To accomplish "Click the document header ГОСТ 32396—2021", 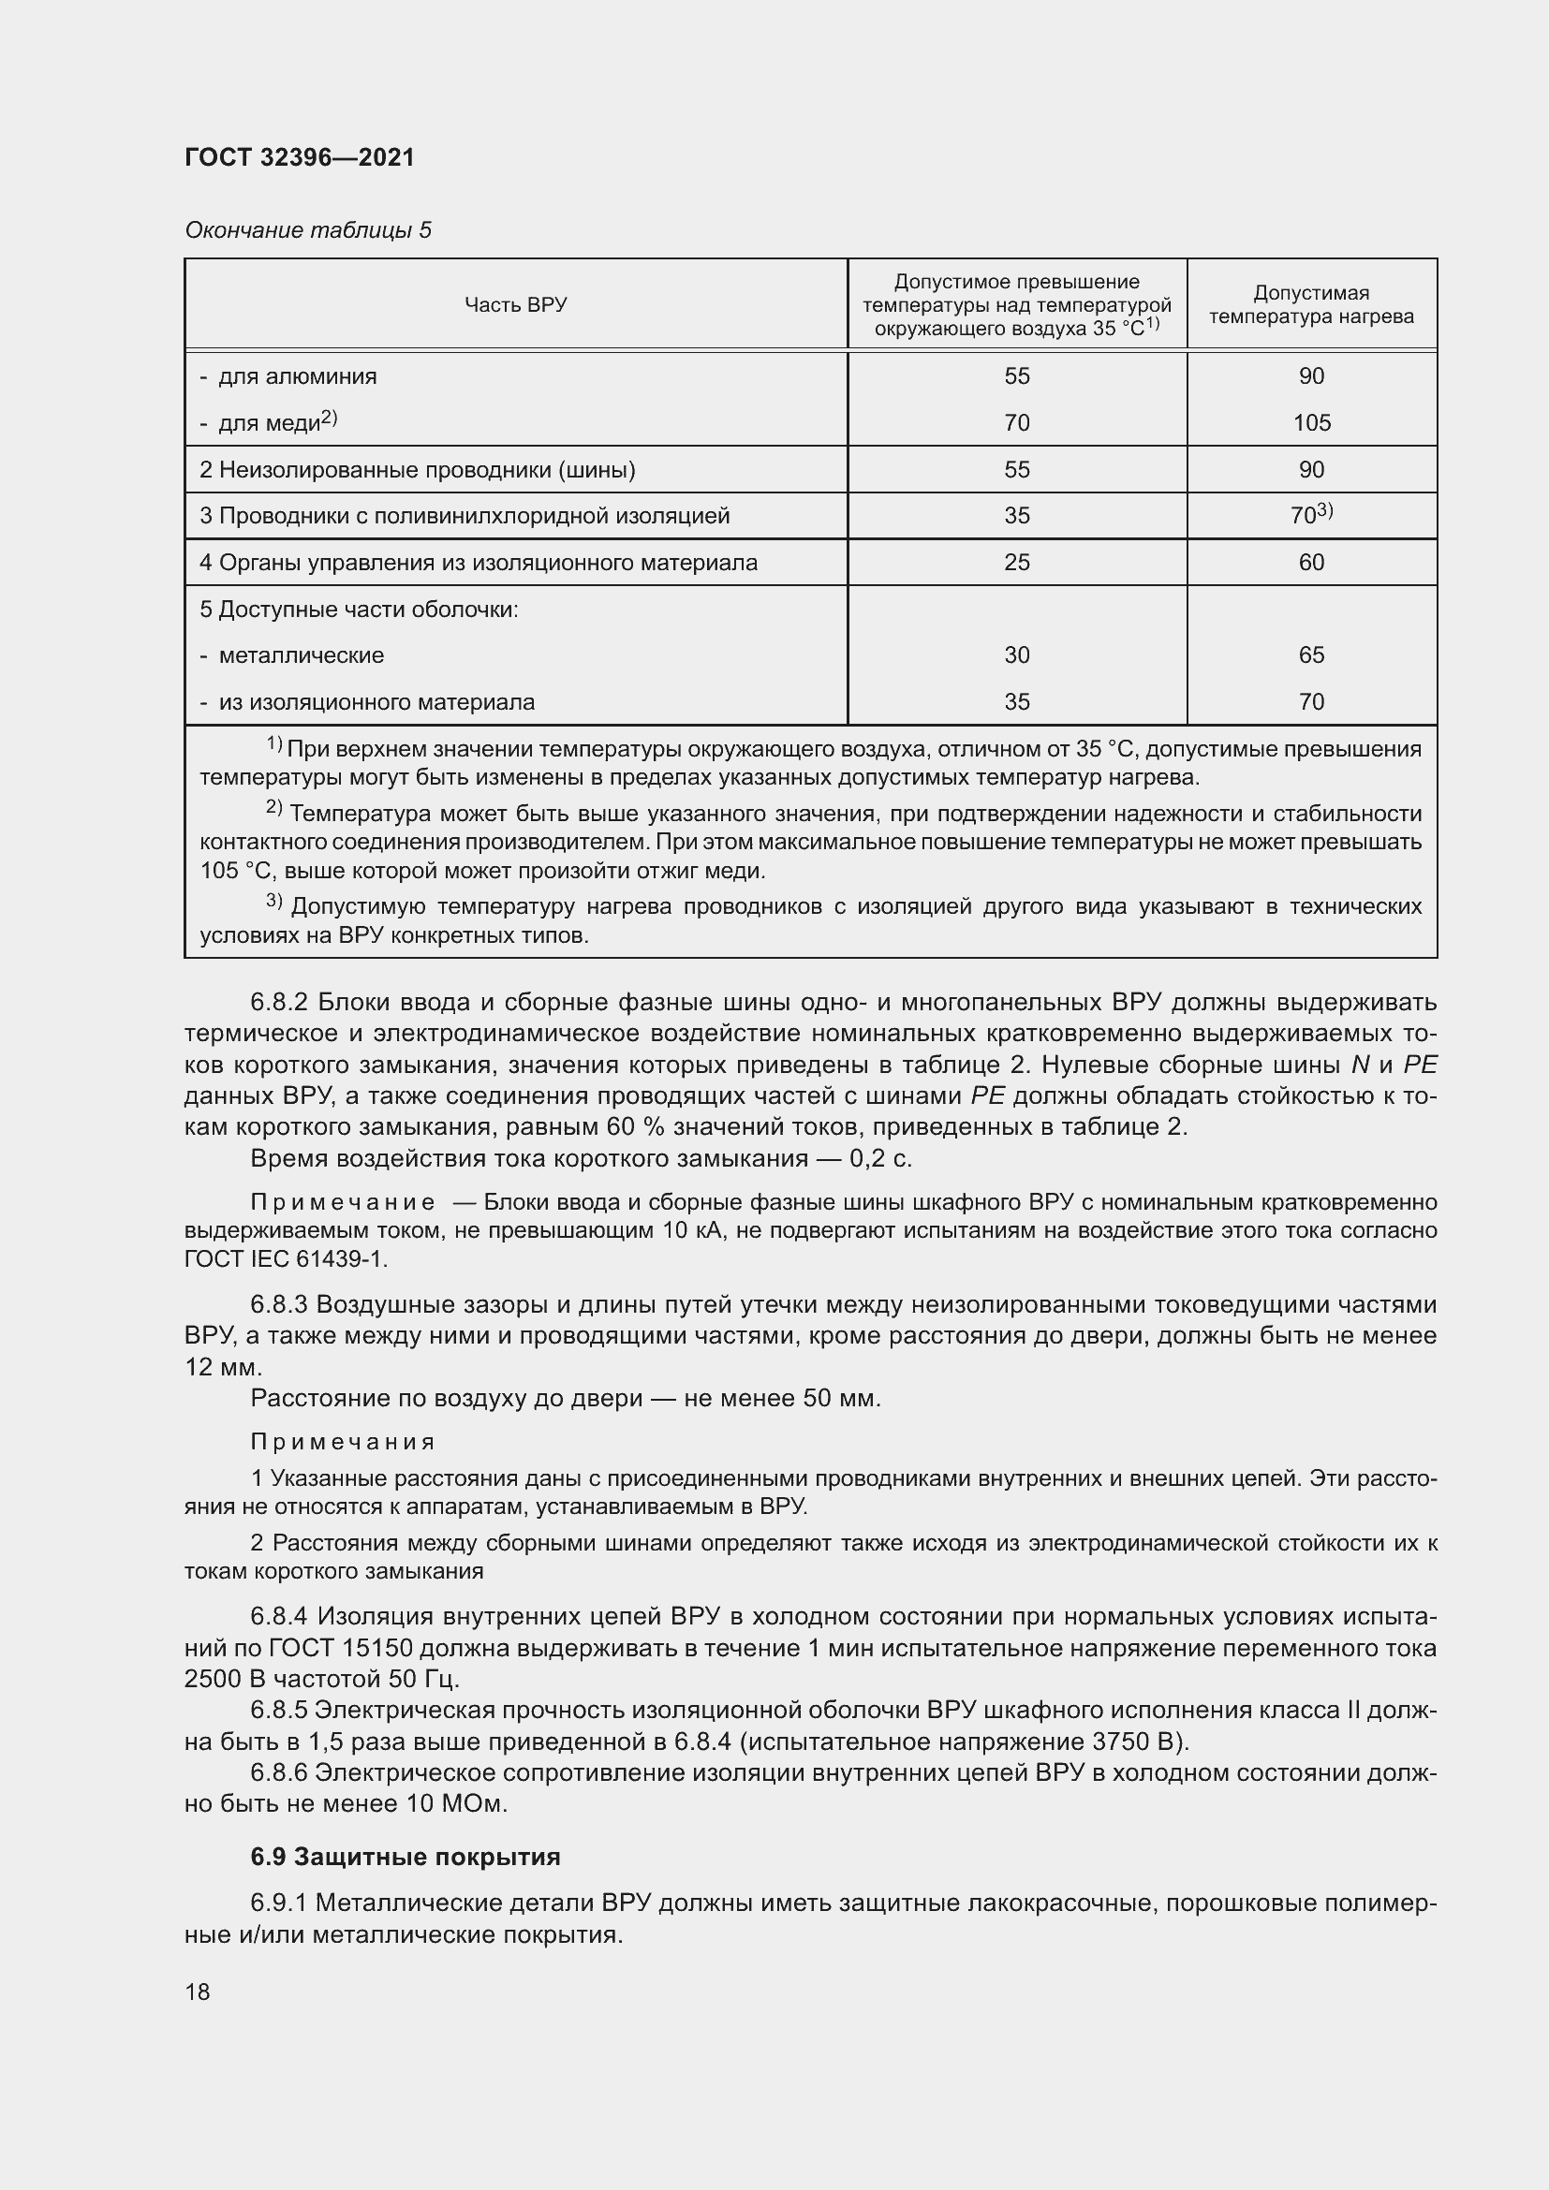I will (x=300, y=157).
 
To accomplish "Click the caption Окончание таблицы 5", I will (x=308, y=230).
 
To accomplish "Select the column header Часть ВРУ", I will (x=515, y=304).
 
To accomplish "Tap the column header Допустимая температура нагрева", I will (x=1311, y=304).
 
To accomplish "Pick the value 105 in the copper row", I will (x=1311, y=422).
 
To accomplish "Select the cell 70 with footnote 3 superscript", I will (x=1310, y=515).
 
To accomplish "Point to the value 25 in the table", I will (x=1017, y=562).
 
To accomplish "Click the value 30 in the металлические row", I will (x=1017, y=655).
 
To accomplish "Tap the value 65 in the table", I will (x=1311, y=655).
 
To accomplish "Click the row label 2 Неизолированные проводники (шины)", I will (x=417, y=469).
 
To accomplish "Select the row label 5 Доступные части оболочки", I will (x=359, y=609).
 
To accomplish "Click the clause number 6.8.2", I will (x=278, y=1003).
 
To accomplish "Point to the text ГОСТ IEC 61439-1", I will (x=286, y=1259).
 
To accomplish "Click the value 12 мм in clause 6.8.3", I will (x=221, y=1367).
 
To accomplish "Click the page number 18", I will (x=198, y=1992).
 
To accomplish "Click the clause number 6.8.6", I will (x=278, y=1773).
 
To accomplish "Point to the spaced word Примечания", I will (x=344, y=1441).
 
